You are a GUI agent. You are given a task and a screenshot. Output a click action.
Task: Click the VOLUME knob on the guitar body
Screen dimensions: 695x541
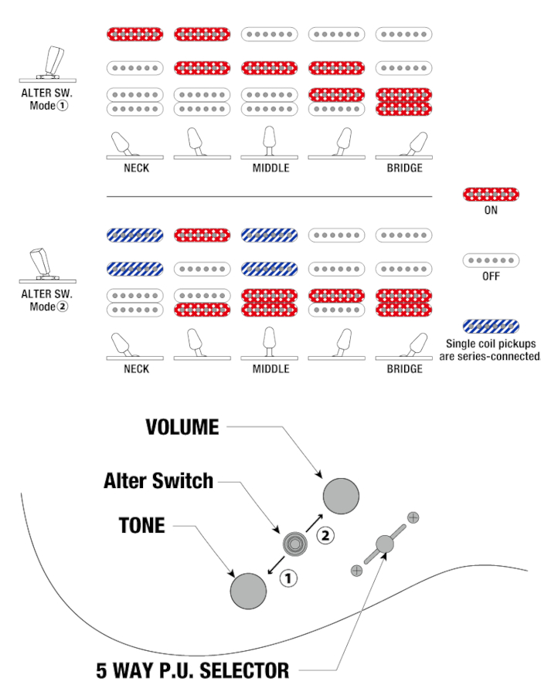click(x=341, y=495)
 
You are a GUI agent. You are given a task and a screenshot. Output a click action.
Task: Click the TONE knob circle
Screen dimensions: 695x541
click(x=248, y=591)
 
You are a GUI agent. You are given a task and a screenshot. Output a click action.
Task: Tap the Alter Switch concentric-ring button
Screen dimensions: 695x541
click(x=294, y=544)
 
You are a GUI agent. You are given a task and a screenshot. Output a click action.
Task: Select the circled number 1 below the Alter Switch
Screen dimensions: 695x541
click(x=288, y=577)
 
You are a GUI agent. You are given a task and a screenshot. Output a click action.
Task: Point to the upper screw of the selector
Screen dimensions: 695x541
click(x=413, y=517)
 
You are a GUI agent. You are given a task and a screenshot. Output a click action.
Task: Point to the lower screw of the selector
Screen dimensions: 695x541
click(x=356, y=570)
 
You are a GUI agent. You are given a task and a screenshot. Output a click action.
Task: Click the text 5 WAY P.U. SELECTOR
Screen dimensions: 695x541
click(x=192, y=670)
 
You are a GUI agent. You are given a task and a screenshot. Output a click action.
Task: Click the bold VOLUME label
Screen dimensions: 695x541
click(x=182, y=426)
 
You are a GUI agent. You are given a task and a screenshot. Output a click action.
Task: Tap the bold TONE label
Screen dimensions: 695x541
click(x=142, y=526)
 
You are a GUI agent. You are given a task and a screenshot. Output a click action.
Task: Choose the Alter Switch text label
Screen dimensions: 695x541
click(x=158, y=480)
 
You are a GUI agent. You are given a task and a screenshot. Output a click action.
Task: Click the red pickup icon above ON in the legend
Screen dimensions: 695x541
click(x=491, y=194)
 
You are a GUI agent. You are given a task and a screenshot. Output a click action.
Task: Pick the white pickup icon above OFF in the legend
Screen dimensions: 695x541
click(x=491, y=260)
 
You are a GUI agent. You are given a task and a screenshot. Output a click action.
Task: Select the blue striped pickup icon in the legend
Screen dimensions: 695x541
click(x=491, y=326)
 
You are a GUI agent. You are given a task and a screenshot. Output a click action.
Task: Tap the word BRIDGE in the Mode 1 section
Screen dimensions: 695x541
click(x=404, y=168)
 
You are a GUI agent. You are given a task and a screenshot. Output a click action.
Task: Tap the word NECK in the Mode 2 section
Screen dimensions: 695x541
click(x=136, y=369)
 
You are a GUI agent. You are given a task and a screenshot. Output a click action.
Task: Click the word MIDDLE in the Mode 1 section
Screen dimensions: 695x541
click(x=270, y=168)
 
